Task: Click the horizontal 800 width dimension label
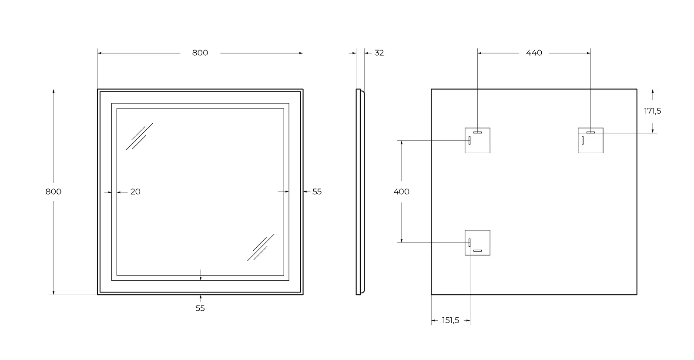[x=200, y=53]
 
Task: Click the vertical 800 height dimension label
[x=54, y=192]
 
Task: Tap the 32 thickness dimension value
[x=379, y=53]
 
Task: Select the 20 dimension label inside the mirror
[x=135, y=192]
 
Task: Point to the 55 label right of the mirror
[x=317, y=192]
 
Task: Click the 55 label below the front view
[x=200, y=308]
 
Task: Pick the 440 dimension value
[x=534, y=53]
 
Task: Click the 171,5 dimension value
[x=652, y=111]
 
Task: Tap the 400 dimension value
[x=401, y=192]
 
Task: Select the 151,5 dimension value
[x=451, y=321]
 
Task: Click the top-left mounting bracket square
[x=477, y=140]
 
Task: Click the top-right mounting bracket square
[x=590, y=140]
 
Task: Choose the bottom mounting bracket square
[x=477, y=242]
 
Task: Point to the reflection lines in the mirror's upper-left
[x=139, y=137]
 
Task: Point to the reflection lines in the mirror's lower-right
[x=261, y=247]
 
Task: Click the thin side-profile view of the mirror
[x=359, y=192]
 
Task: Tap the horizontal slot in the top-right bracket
[x=590, y=132]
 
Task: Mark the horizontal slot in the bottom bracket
[x=477, y=251]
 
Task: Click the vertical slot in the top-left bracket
[x=469, y=140]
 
